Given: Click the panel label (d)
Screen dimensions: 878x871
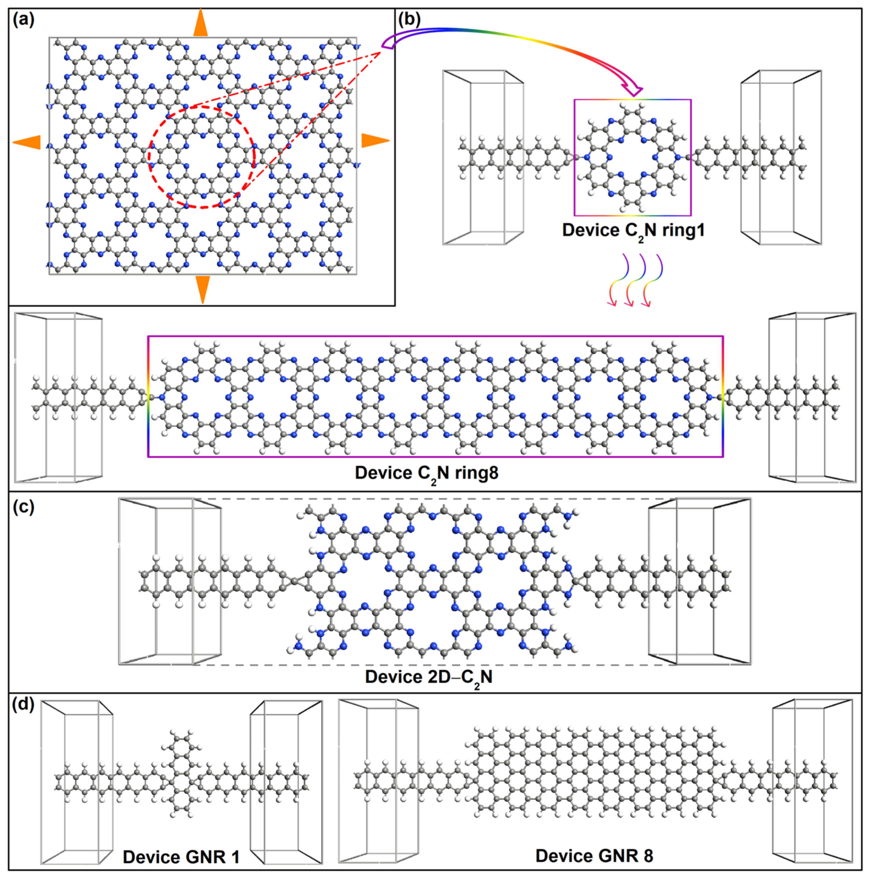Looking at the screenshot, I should click(x=24, y=704).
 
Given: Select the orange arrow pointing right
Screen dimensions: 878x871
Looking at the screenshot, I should click(x=375, y=140).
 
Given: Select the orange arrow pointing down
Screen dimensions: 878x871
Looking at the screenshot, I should click(x=202, y=289).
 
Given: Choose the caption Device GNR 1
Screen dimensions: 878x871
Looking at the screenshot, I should click(x=181, y=857).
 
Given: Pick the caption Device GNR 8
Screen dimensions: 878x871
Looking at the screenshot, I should click(x=594, y=855).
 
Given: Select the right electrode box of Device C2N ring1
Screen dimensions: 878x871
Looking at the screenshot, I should click(x=781, y=157).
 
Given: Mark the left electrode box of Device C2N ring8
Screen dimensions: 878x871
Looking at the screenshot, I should click(x=59, y=397).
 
